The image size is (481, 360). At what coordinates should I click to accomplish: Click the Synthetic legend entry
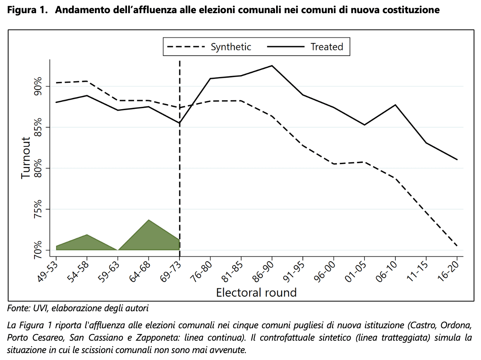point(231,47)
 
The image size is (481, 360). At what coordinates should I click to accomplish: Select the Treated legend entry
point(326,47)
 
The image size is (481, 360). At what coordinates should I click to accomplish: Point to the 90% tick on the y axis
point(38,86)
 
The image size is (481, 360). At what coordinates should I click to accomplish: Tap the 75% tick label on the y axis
point(38,209)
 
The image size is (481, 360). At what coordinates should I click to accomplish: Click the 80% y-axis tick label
point(38,168)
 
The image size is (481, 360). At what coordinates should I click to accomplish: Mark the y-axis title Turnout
point(26,158)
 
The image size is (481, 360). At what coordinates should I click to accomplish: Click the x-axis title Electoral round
point(256,292)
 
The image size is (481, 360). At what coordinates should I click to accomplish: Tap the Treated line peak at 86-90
point(272,66)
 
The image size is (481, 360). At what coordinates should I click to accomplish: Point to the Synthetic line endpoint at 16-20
point(457,246)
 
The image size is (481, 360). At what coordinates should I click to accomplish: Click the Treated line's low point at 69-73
point(180,123)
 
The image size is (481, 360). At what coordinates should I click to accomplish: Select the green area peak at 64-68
point(149,220)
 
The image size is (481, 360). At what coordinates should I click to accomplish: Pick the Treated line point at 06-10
point(395,105)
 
